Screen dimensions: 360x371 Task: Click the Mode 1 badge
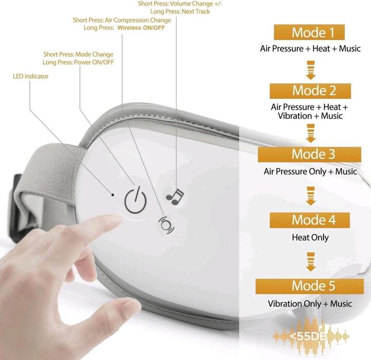[310, 33]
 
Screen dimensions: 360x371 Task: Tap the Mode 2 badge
[310, 91]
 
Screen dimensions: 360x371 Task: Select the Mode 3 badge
[310, 154]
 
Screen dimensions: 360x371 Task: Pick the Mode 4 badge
[310, 220]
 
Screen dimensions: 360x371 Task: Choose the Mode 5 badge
[310, 286]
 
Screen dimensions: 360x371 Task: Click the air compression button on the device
[166, 225]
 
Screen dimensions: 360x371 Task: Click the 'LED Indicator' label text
[30, 76]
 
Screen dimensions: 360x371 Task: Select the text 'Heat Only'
[310, 237]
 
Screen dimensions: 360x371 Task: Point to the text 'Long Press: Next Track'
[180, 11]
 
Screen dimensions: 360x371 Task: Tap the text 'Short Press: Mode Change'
[78, 54]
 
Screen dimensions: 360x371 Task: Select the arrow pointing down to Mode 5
[310, 262]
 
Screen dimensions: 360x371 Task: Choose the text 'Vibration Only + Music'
[310, 303]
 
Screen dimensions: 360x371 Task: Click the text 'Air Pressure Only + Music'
[310, 172]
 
